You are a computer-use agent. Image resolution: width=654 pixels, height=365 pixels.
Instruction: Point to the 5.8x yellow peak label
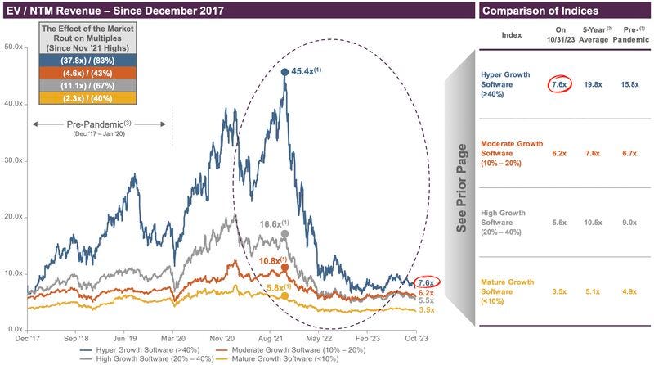click(276, 287)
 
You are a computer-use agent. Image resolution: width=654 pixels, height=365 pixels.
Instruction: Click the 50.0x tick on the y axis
click(13, 47)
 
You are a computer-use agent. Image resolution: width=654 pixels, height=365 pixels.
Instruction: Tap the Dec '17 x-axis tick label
click(28, 336)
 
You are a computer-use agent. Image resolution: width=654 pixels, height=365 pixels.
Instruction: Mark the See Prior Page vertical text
click(462, 187)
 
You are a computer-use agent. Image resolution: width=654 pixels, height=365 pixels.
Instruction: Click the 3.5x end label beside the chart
click(426, 310)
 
